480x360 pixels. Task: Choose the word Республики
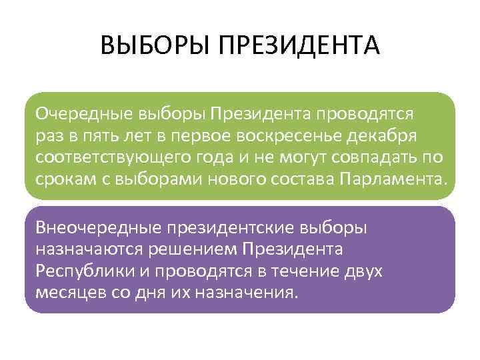click(x=79, y=271)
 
